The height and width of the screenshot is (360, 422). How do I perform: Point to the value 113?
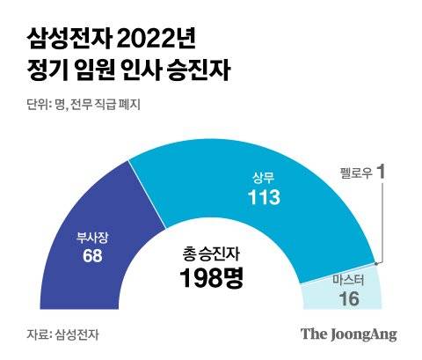pos(263,197)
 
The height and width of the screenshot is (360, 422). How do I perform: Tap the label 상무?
pos(263,177)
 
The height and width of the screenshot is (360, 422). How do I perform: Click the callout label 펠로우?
pos(355,173)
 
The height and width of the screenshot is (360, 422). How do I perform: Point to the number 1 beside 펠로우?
pos(382,173)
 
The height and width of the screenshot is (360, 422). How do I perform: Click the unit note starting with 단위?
pos(79,103)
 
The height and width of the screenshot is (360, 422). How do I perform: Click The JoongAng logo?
pos(349,334)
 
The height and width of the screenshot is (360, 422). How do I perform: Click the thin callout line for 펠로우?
pos(381,220)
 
